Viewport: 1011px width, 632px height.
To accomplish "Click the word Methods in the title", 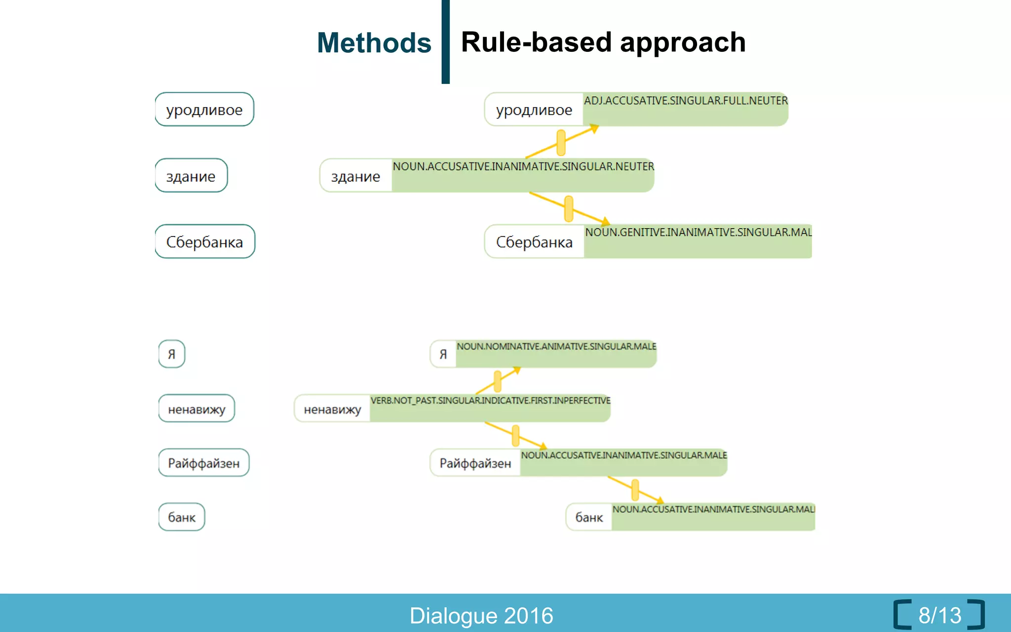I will (x=374, y=43).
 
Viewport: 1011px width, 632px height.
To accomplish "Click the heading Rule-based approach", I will (x=603, y=42).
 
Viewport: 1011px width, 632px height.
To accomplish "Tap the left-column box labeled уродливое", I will (x=204, y=110).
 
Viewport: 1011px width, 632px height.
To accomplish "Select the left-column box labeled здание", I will (x=191, y=176).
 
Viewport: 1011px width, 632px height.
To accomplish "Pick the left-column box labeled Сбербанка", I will (x=205, y=242).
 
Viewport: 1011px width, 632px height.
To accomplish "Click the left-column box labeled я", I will (x=172, y=354).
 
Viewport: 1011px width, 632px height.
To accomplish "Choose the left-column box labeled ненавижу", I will (x=196, y=409).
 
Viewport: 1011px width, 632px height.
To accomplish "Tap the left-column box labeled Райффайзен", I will (x=203, y=463).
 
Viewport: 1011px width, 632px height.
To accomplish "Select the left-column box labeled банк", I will (x=182, y=517).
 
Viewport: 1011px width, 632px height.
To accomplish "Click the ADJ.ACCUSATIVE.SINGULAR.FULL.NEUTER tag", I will (x=685, y=101).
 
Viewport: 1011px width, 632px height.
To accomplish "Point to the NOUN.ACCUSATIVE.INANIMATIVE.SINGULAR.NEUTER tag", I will (x=523, y=167).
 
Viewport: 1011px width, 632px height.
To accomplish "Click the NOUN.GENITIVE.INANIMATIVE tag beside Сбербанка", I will (x=698, y=233).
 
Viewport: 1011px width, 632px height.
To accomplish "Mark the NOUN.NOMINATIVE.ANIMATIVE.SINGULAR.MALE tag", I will (x=556, y=347).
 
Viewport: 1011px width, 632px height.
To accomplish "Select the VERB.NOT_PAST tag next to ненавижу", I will (x=490, y=400).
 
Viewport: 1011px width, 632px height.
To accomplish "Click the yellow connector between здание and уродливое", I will (x=561, y=143).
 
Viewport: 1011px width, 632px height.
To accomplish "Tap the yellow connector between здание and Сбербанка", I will (x=569, y=208).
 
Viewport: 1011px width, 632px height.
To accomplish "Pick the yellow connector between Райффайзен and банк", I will (x=635, y=490).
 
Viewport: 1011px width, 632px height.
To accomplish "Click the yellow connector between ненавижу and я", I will (x=498, y=381).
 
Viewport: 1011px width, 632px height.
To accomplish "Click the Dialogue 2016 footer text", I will (x=481, y=616).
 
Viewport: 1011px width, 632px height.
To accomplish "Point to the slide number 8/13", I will (x=939, y=615).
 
